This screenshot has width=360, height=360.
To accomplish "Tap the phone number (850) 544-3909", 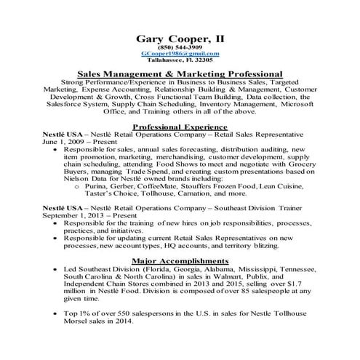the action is coord(180,47).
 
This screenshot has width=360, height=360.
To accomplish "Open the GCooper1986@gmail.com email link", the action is coord(180,55).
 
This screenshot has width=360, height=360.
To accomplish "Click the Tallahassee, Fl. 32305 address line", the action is coord(180,61).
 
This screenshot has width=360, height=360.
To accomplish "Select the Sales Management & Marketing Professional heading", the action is coord(180,73).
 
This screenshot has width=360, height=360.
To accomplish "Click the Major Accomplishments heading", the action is coord(180,260).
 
